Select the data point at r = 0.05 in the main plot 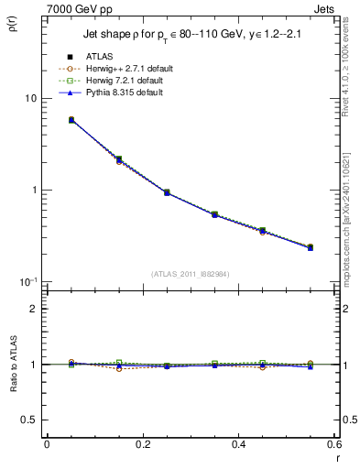click(71, 120)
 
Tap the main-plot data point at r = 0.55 click(311, 247)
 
